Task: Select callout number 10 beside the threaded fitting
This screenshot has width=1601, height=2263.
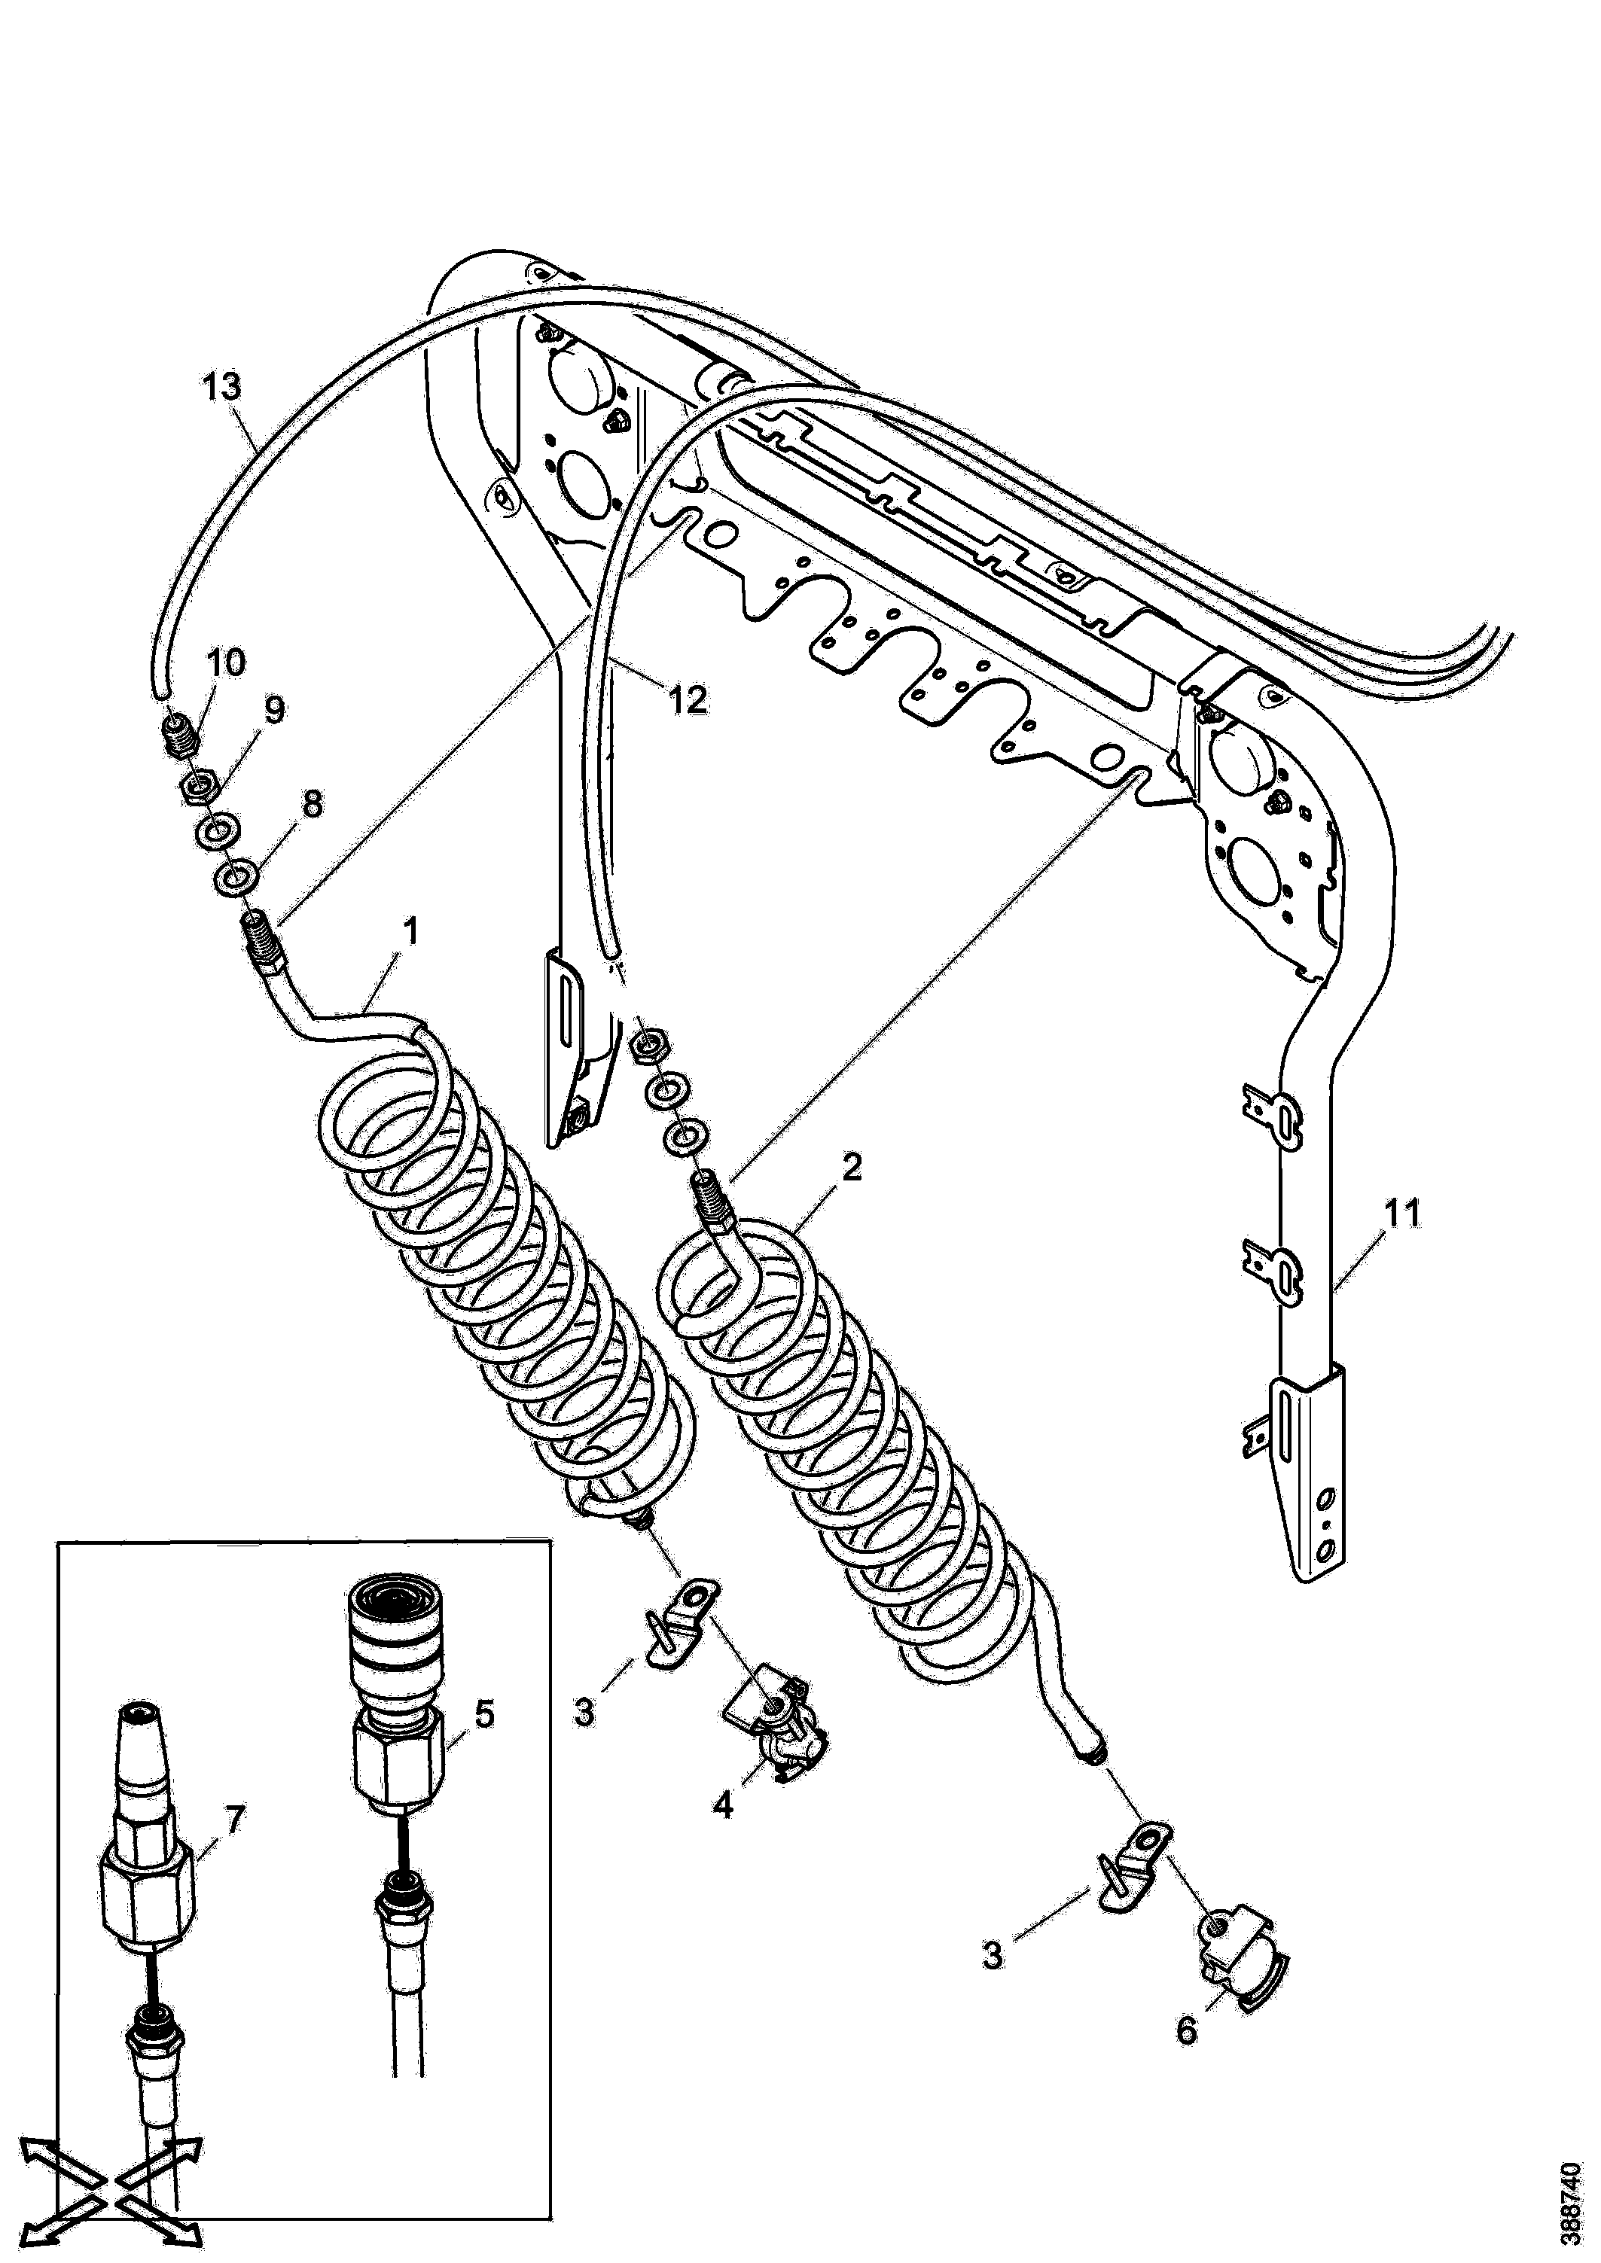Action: coord(226,663)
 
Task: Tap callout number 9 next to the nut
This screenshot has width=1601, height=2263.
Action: coord(274,710)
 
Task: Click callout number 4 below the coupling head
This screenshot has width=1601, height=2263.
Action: coord(724,1807)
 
